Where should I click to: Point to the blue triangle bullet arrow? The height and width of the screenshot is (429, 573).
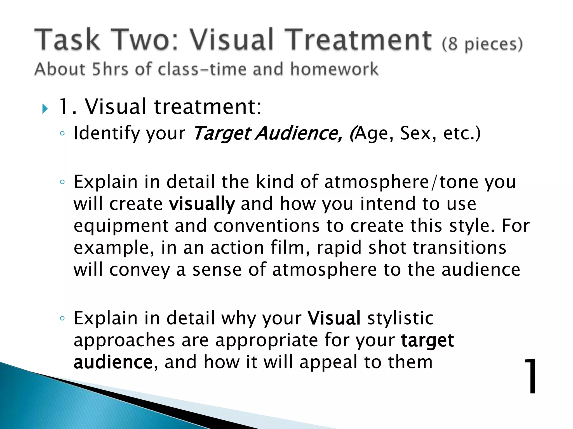[45, 109]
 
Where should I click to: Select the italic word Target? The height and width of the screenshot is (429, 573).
[222, 134]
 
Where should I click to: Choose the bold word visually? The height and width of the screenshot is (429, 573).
[202, 204]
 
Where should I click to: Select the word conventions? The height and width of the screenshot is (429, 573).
[266, 226]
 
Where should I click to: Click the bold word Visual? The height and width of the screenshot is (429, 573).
[334, 318]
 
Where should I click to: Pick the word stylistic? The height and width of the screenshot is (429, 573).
[400, 318]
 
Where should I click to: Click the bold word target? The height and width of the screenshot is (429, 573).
[427, 340]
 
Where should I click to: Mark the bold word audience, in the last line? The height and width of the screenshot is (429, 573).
[114, 362]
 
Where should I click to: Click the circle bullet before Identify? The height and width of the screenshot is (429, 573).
[62, 134]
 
